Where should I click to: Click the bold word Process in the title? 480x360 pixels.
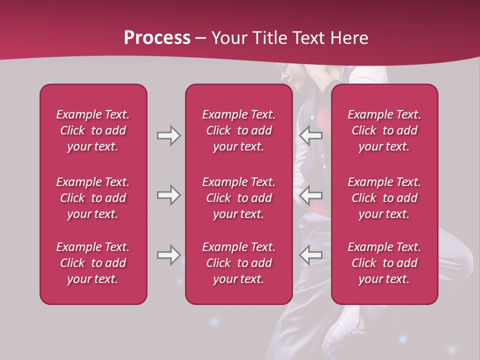pos(157,37)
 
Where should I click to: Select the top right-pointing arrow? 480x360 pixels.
pos(168,135)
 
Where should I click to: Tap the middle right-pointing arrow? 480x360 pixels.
pos(168,195)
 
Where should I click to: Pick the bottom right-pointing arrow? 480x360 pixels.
pos(168,255)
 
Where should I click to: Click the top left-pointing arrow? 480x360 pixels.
pos(311,135)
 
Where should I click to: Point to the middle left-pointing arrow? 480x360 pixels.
pos(311,195)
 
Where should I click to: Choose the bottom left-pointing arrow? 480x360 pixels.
pos(311,255)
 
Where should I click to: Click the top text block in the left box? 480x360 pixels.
pos(93,130)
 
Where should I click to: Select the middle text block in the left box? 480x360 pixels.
pos(93,198)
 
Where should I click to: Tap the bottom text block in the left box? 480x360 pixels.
pos(93,263)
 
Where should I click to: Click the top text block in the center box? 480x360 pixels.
pos(239,130)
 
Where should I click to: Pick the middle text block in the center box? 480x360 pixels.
pos(239,198)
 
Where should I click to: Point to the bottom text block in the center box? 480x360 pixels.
pos(239,263)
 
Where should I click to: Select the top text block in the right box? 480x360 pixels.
pos(384,130)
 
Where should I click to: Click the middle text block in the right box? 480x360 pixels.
pos(384,198)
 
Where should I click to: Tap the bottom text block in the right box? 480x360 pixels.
pos(384,263)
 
